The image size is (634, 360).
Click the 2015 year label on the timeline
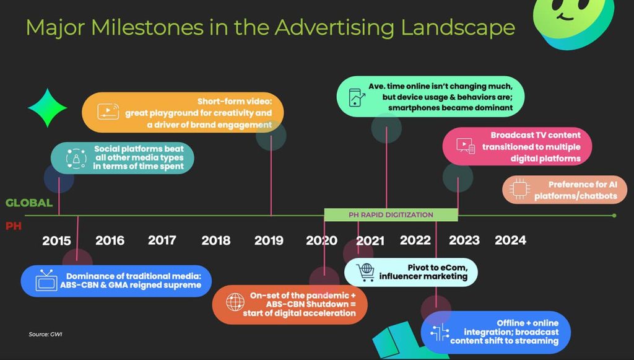[x=56, y=240]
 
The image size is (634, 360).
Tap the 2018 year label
[x=216, y=240]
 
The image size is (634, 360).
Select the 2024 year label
[x=511, y=240]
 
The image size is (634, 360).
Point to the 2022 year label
[x=415, y=240]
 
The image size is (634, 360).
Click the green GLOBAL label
[x=29, y=203]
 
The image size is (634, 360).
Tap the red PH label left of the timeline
[x=14, y=226]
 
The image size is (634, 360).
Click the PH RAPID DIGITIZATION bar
[x=391, y=215]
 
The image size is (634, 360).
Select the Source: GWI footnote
[x=45, y=334]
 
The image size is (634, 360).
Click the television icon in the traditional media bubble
[x=46, y=280]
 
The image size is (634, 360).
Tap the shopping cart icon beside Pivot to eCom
[x=365, y=272]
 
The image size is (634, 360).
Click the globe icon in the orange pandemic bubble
[x=235, y=302]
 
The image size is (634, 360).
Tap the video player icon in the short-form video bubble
[x=108, y=112]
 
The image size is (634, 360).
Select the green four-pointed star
[x=47, y=108]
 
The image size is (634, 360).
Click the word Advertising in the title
[x=334, y=27]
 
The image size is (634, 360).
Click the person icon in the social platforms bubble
[x=76, y=158]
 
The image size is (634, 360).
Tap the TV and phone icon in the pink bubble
[x=466, y=146]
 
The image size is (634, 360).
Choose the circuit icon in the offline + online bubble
[x=440, y=333]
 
